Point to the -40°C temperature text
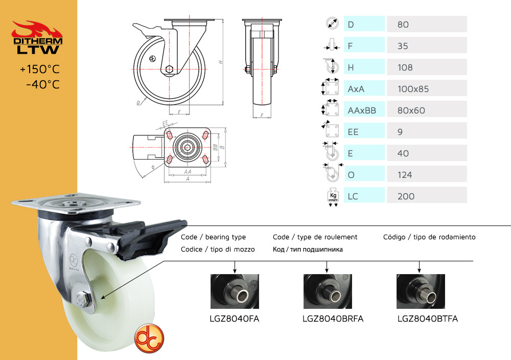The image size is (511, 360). [43, 84]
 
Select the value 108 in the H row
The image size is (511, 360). [405, 67]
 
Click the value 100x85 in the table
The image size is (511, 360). [413, 89]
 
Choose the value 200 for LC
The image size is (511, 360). [406, 196]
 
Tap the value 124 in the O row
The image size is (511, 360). [405, 175]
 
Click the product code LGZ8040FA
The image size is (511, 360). [235, 319]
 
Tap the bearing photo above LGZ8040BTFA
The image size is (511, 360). [421, 291]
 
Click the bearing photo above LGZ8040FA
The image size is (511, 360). [235, 291]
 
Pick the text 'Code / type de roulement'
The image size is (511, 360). [315, 237]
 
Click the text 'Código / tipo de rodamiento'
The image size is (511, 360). [429, 237]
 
